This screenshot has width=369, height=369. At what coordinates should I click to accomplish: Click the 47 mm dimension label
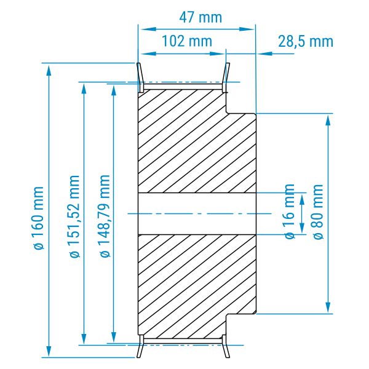(200, 18)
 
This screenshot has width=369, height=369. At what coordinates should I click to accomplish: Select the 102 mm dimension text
(188, 41)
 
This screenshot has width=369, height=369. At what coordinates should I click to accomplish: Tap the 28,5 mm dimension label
(306, 42)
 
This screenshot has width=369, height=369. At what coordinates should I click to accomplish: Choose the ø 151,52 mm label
(75, 216)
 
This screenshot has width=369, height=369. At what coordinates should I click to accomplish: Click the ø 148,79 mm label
(105, 216)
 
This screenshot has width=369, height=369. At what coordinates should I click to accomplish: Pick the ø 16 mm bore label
(290, 212)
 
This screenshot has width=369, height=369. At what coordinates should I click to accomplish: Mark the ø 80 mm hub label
(318, 212)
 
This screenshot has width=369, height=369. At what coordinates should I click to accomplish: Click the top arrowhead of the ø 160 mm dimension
(49, 69)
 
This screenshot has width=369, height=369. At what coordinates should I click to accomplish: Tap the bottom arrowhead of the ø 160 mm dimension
(49, 351)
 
